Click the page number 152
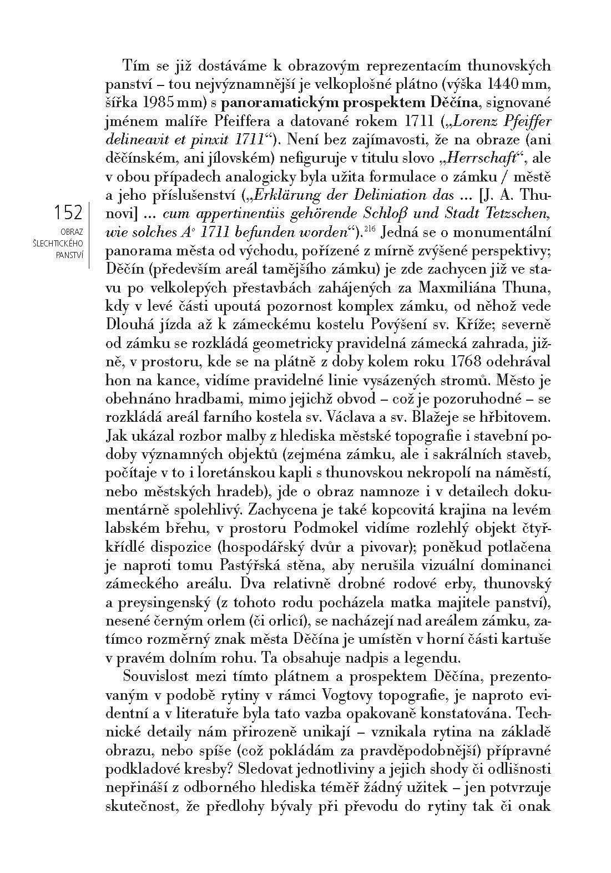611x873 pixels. click(x=68, y=213)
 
